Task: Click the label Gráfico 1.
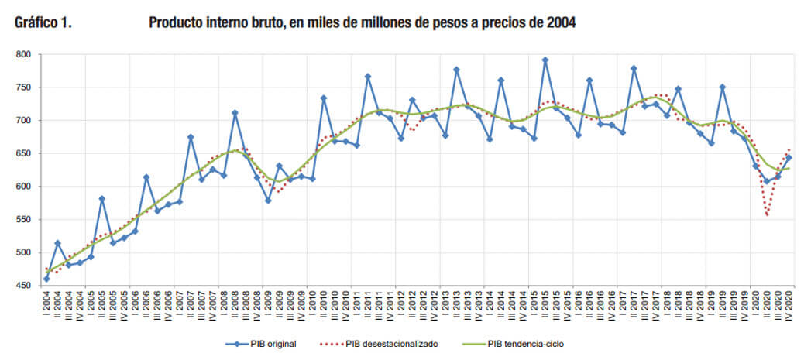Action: click(x=43, y=23)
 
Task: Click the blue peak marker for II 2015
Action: click(x=545, y=60)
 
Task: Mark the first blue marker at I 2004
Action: click(x=46, y=279)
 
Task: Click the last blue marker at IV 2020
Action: click(x=789, y=158)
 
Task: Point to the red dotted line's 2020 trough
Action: click(x=767, y=215)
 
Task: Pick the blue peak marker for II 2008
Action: click(x=235, y=113)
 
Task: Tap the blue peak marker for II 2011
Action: click(x=368, y=77)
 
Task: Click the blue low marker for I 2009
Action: click(x=268, y=201)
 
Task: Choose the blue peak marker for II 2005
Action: click(x=101, y=199)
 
